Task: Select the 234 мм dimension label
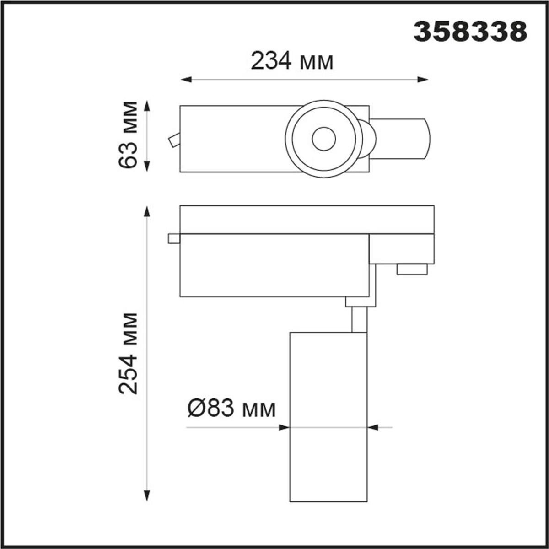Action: [x=292, y=61]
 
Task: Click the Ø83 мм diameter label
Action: [x=231, y=408]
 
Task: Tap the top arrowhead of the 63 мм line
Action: [x=147, y=107]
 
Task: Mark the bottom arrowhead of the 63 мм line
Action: [x=147, y=167]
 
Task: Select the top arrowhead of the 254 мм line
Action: [x=147, y=211]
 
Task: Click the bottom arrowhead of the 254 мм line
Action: [x=147, y=496]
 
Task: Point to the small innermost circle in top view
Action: [x=324, y=139]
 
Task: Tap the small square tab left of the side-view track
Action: [x=174, y=238]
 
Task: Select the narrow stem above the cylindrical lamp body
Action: [x=359, y=319]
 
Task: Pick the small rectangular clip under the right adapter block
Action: [x=412, y=269]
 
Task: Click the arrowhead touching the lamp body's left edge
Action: [x=285, y=428]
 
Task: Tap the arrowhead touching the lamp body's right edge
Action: [x=373, y=428]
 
